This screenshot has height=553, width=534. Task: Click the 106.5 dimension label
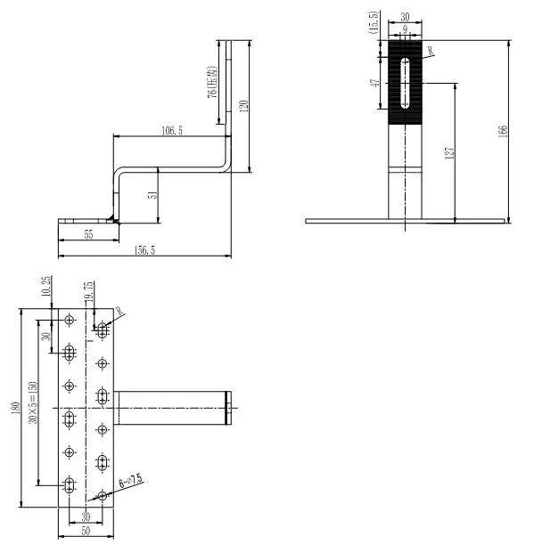(172, 130)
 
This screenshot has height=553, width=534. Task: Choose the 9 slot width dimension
(407, 29)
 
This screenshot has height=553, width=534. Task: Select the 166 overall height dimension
(504, 130)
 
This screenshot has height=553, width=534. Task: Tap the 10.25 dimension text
(46, 287)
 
